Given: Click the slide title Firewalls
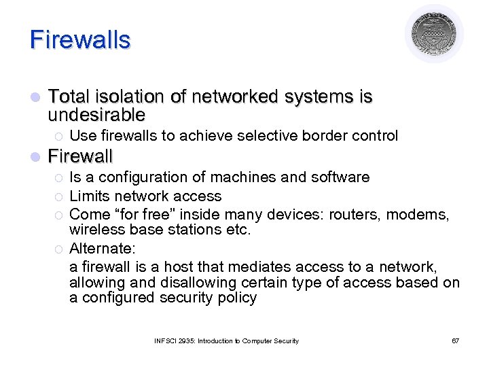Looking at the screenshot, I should [79, 39].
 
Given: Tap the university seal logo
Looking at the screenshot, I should [434, 34].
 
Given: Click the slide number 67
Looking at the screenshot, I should [455, 340].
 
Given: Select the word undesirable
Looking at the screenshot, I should [97, 113].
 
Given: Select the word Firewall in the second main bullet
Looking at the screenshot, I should [81, 156].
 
